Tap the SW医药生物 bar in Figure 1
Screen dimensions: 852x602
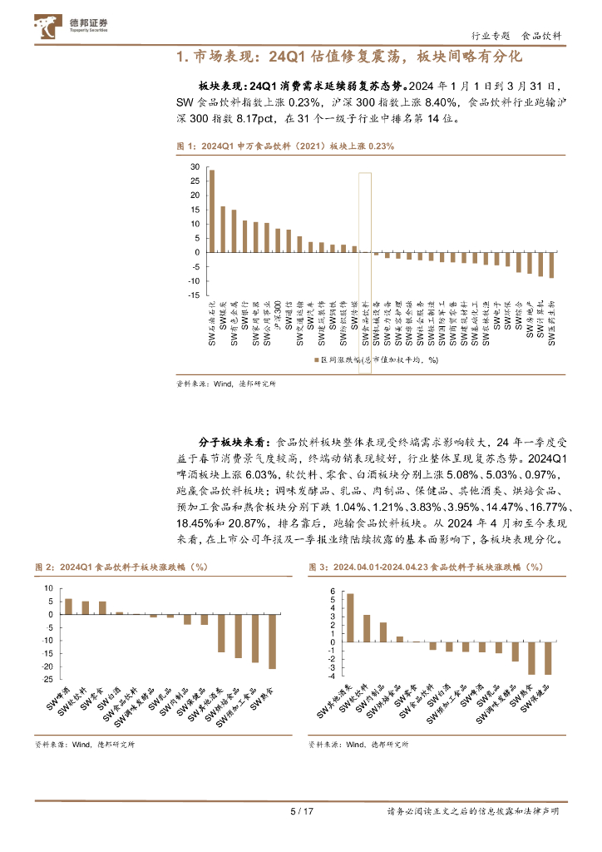pos(551,265)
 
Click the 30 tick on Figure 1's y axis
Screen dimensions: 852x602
pos(195,167)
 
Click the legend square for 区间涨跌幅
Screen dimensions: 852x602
pos(316,360)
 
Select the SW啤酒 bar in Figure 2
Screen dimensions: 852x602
pos(68,607)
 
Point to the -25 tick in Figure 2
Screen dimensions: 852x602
pos(48,680)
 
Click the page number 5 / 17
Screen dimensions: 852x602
pos(300,811)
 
